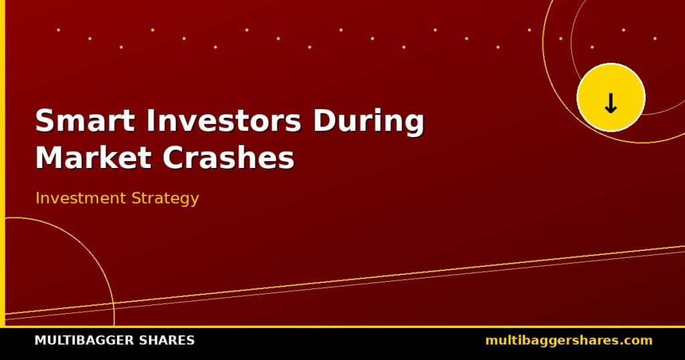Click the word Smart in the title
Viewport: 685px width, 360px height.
pyautogui.click(x=85, y=120)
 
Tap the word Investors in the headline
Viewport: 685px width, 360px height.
pyautogui.click(x=223, y=120)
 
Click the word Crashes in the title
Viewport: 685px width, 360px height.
pyautogui.click(x=229, y=157)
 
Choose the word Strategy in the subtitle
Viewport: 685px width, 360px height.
pyautogui.click(x=165, y=199)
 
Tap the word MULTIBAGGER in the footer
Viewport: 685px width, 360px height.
pyautogui.click(x=83, y=341)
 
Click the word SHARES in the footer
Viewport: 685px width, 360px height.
pyautogui.click(x=165, y=341)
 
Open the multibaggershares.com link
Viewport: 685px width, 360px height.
pyautogui.click(x=569, y=341)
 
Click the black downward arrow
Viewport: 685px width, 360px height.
pyautogui.click(x=611, y=104)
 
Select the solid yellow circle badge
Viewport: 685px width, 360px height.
pyautogui.click(x=611, y=97)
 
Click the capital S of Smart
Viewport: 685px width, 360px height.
pyautogui.click(x=44, y=120)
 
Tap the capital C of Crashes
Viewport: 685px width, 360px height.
pyautogui.click(x=173, y=157)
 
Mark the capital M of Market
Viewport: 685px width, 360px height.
pyautogui.click(x=49, y=157)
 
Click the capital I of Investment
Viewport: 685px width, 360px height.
pyautogui.click(x=37, y=198)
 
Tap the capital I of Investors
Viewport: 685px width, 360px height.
pyautogui.click(x=151, y=120)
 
